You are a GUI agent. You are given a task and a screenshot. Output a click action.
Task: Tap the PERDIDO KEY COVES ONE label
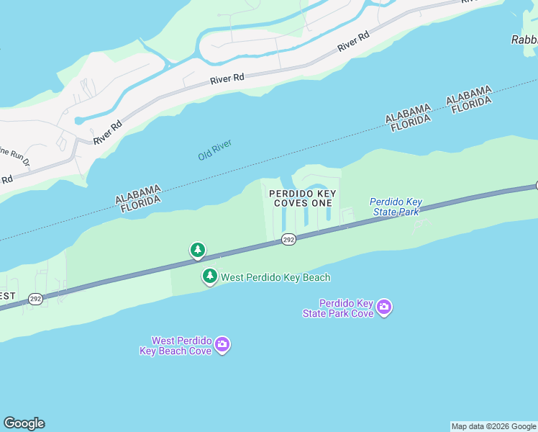(302, 198)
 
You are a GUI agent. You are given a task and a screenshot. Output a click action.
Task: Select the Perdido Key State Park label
(396, 207)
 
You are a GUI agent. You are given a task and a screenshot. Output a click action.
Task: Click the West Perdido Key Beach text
(275, 277)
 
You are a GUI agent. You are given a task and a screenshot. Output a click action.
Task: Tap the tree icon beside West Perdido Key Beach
(209, 276)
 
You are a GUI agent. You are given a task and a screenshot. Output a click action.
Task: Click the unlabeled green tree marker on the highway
(197, 251)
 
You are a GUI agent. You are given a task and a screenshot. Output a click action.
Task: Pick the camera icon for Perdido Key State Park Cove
(384, 308)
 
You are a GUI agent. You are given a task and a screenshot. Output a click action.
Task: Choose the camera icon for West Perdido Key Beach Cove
(222, 346)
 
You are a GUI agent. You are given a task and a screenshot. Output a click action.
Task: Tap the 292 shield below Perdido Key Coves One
(288, 239)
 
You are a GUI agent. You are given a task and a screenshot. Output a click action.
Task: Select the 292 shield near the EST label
(35, 298)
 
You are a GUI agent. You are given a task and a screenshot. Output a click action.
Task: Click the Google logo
(24, 423)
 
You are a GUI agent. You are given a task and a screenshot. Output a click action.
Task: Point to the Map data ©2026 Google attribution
(494, 426)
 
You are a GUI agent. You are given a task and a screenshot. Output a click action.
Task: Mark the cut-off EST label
(7, 296)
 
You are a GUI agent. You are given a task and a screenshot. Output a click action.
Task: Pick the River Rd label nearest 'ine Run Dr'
(108, 130)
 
